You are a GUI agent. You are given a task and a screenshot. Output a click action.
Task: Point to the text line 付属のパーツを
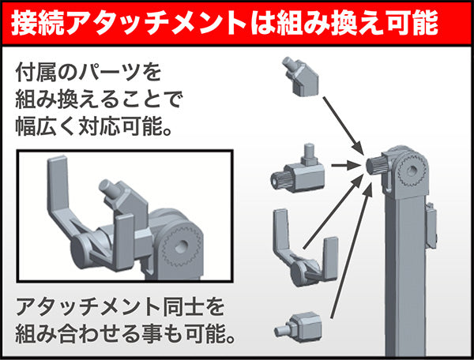(88, 73)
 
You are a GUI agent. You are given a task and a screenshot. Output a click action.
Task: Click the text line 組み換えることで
(99, 100)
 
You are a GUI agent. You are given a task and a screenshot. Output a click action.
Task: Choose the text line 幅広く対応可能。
(93, 127)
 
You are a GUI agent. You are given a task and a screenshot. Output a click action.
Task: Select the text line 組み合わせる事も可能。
(126, 329)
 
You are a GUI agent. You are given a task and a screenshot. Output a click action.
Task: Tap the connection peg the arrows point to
(377, 167)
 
